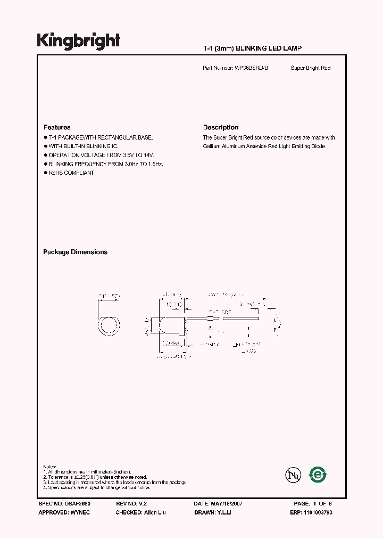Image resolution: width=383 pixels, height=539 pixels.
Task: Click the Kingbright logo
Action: pos(79,41)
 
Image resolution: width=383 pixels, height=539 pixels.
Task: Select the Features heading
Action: pos(57,127)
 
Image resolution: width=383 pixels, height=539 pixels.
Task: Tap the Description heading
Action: pos(221,127)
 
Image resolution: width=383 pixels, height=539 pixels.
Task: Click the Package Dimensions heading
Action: pos(75,252)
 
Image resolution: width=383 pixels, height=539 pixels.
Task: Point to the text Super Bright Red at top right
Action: pos(311,68)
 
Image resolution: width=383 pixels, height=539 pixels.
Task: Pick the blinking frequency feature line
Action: pos(105,164)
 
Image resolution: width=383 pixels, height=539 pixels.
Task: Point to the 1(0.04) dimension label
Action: pos(174,305)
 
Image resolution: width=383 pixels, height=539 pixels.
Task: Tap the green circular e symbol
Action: pos(318,474)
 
